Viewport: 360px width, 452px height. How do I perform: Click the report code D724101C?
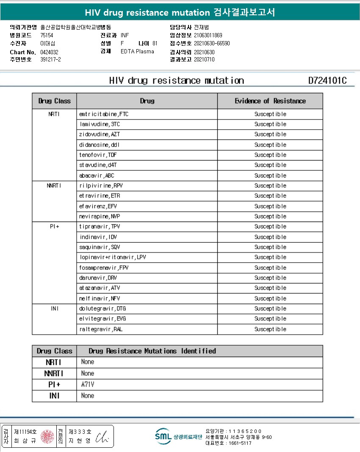point(327,80)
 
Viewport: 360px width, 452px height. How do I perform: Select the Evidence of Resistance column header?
point(270,101)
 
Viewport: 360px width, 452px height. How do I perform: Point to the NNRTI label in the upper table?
point(54,186)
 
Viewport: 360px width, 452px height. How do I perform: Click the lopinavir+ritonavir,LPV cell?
point(113,257)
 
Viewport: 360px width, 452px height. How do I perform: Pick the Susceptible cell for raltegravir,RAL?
point(270,329)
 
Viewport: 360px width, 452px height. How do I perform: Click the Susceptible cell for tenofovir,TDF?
point(270,155)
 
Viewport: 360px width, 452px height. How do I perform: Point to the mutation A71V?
point(88,385)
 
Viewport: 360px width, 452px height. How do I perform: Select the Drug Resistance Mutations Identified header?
point(152,351)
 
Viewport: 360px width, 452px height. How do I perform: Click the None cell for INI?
point(88,396)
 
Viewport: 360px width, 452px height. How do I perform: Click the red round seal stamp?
point(47,436)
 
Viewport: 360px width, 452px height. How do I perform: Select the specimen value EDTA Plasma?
point(137,52)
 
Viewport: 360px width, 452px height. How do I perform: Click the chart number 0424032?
point(49,52)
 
